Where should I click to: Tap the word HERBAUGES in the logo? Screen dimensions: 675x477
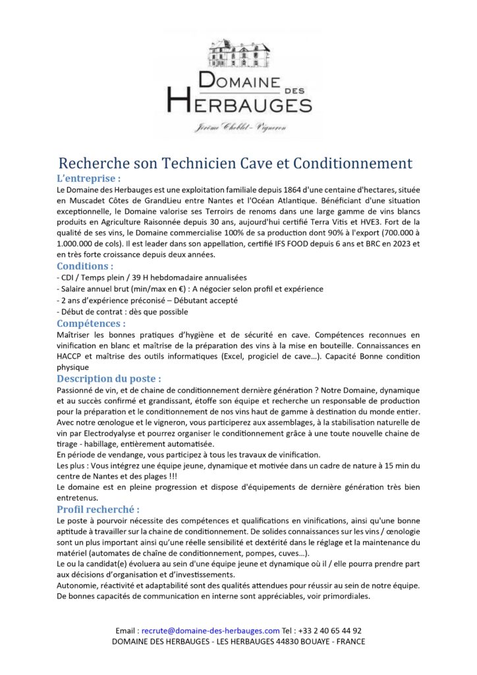[x=238, y=102]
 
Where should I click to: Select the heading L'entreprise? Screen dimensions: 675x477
[x=89, y=178]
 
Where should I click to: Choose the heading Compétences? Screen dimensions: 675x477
[x=91, y=324]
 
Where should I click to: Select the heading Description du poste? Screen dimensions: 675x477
[x=109, y=379]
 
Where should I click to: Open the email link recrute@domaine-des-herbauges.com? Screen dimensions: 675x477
[x=211, y=630]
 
